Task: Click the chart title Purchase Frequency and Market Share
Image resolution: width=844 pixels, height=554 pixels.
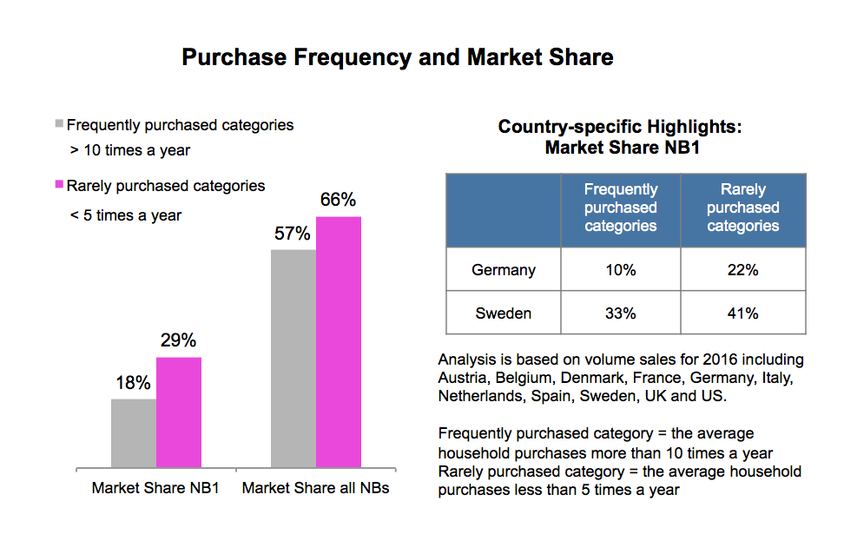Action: pos(397,57)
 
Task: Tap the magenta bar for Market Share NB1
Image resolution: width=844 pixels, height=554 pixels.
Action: pos(179,412)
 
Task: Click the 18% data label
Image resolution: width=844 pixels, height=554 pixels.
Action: pos(134,383)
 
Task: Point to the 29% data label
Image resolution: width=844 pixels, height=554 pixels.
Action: pos(179,340)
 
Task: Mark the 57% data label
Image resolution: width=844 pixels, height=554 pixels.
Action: pos(293,234)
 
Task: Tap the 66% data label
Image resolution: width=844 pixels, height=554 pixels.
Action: pos(339,200)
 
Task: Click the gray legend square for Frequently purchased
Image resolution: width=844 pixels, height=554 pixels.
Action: pos(59,123)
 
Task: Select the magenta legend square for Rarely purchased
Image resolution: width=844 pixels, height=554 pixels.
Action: pos(59,184)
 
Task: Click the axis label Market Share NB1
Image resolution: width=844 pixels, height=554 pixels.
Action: pos(155,488)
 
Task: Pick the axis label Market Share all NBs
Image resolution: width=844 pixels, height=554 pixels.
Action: pos(315,488)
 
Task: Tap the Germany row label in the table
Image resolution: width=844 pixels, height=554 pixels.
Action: pos(504,270)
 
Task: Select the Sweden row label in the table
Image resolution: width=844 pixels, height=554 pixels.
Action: pos(504,313)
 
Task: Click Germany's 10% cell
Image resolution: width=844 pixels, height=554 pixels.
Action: pos(620,270)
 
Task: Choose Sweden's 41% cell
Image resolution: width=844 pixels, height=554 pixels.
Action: pos(743,313)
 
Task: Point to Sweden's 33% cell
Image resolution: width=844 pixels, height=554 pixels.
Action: pos(620,313)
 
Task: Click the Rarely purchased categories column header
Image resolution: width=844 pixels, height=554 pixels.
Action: pos(743,208)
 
